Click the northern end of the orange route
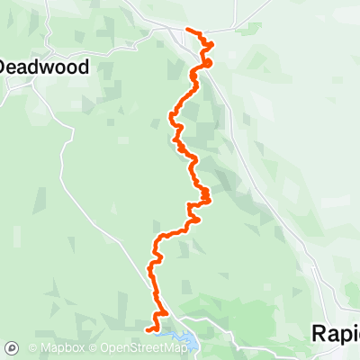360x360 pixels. click(187, 30)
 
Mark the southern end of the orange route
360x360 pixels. click(147, 331)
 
